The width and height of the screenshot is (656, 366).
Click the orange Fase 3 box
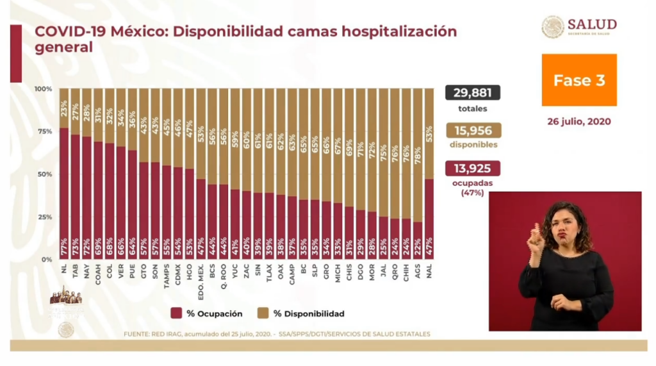(579, 80)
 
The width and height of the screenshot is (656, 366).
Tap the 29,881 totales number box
(473, 93)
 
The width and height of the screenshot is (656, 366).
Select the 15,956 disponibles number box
(473, 130)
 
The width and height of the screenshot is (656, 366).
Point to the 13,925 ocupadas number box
(473, 168)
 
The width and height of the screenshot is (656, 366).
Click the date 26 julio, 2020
(579, 121)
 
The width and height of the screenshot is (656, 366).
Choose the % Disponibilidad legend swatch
(262, 313)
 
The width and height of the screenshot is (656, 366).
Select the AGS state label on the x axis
(418, 270)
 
